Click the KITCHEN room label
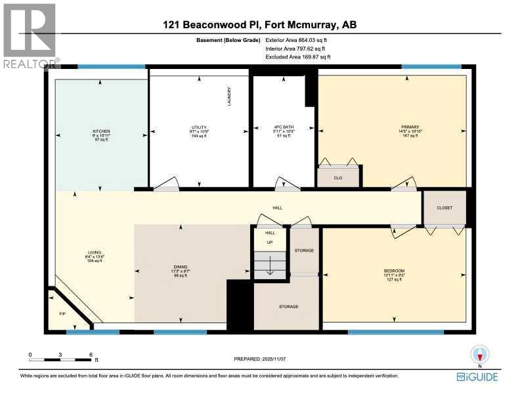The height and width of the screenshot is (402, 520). click(x=101, y=131)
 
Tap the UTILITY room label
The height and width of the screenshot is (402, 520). click(x=199, y=127)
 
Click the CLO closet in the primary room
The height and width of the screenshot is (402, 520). click(x=338, y=177)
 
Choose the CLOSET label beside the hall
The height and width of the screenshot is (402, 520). click(x=444, y=208)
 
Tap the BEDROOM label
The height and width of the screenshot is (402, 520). click(x=394, y=271)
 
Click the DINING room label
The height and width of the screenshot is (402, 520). click(x=181, y=267)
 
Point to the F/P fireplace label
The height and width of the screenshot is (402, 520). click(x=62, y=314)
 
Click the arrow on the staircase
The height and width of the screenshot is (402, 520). click(x=269, y=265)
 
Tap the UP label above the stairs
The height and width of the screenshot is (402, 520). click(x=269, y=242)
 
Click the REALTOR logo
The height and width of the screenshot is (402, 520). click(x=30, y=36)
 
